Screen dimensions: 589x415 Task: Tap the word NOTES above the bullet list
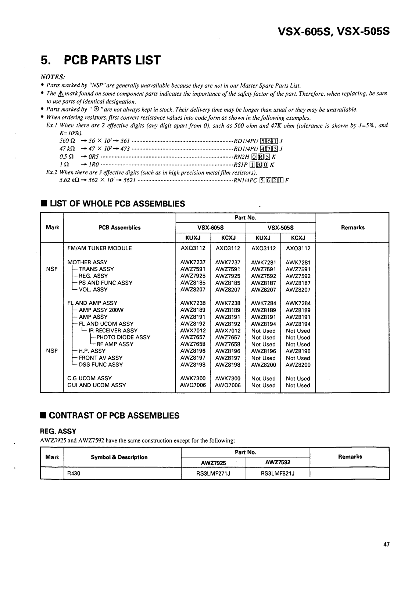tap(53, 77)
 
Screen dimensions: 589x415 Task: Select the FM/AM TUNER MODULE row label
tap(99, 248)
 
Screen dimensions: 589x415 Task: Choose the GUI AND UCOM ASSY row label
tap(97, 385)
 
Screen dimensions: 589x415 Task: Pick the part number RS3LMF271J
tap(214, 473)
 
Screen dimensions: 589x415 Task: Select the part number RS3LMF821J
tap(278, 473)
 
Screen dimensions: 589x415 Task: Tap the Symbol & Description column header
tap(119, 457)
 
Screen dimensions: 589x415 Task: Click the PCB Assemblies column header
tap(120, 228)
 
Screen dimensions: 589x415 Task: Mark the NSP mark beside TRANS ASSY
tap(52, 269)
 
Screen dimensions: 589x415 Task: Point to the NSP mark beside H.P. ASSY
tap(52, 351)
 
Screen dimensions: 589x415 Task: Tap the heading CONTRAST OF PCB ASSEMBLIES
tap(114, 416)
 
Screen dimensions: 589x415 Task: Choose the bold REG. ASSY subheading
tap(58, 431)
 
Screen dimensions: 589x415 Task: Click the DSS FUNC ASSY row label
tap(101, 364)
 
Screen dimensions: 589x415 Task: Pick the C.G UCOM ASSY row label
tap(89, 378)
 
